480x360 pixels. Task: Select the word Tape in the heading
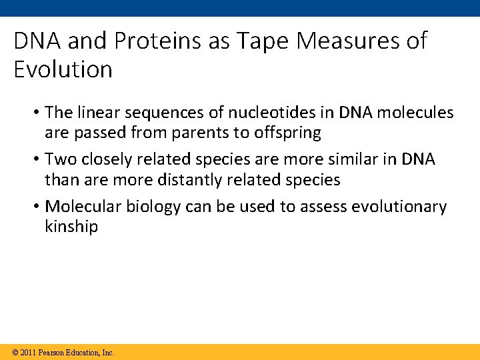256,41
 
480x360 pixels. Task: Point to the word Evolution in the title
63,69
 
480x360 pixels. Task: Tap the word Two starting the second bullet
59,159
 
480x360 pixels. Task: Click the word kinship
71,227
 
